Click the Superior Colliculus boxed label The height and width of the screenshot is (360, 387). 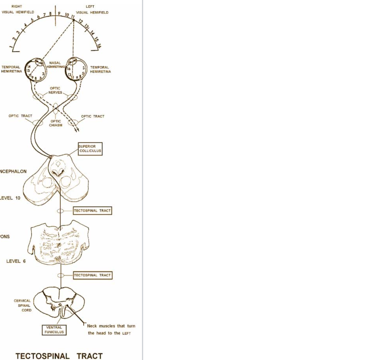click(90, 149)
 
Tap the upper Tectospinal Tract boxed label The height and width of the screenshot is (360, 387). click(92, 211)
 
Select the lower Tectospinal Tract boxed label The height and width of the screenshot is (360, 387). click(93, 275)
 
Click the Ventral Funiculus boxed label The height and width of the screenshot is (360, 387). click(54, 330)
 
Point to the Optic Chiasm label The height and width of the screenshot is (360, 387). click(55, 123)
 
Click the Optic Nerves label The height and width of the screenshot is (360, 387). click(55, 90)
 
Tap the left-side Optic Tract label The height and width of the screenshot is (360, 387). click(20, 116)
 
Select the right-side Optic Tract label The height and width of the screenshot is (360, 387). click(93, 116)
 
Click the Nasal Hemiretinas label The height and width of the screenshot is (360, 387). click(55, 65)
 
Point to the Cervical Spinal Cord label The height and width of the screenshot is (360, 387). click(23, 305)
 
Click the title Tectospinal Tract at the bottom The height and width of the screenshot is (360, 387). click(59, 356)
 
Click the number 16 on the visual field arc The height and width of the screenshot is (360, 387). click(99, 45)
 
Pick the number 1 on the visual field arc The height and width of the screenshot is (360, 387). click(11, 47)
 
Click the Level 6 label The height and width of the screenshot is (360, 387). click(16, 261)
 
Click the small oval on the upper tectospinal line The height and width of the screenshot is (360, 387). click(60, 211)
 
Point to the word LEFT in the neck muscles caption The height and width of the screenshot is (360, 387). click(126, 333)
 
